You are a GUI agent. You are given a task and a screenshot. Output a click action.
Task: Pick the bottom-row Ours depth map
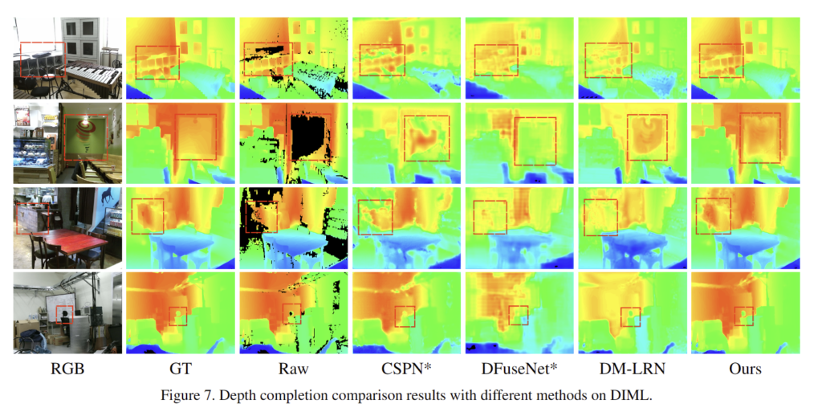click(745, 313)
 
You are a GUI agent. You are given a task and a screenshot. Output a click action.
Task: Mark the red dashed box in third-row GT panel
click(147, 216)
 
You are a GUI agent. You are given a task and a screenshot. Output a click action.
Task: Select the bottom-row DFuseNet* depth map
click(519, 313)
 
